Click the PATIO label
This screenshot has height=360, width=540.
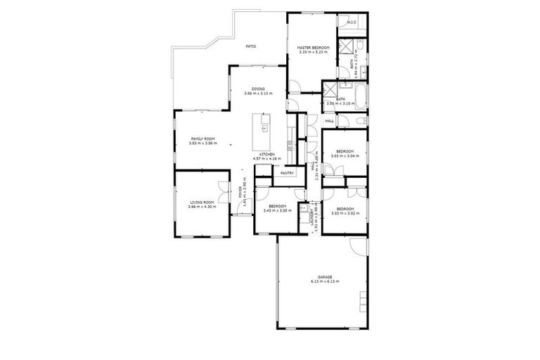tap(250, 46)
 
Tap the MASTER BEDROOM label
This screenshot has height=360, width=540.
tap(313, 47)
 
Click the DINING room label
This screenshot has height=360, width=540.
tap(259, 89)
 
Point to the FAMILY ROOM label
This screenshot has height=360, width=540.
tap(203, 138)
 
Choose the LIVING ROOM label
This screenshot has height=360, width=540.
tap(202, 202)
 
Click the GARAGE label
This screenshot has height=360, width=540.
tap(324, 277)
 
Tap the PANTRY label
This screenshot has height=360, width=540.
tap(286, 173)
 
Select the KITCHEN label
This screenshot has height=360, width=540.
tap(266, 154)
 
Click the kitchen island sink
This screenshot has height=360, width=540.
tap(265, 128)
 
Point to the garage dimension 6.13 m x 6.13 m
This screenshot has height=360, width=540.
tap(324, 282)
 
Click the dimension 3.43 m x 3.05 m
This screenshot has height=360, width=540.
tap(276, 210)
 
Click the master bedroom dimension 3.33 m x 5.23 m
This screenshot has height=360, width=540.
tap(313, 52)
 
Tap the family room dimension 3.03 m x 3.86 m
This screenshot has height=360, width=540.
tap(203, 143)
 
